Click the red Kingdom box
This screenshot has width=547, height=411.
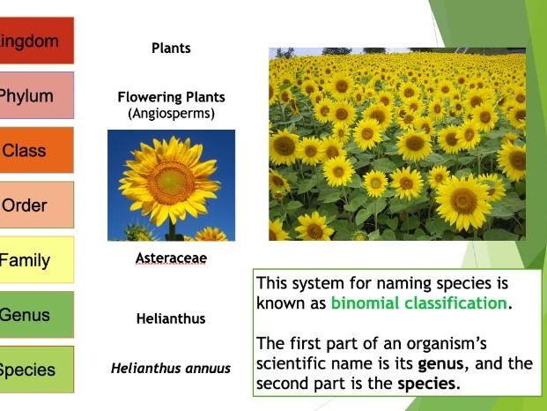tap(35, 41)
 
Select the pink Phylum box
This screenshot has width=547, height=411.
tap(35, 96)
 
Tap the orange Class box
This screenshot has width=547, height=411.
tap(35, 151)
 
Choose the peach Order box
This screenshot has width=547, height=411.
tap(35, 205)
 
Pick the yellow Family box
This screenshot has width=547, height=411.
tap(35, 260)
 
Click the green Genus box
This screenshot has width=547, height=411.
tap(35, 315)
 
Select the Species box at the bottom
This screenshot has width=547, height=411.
tap(35, 370)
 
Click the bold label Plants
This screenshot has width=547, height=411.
tap(171, 48)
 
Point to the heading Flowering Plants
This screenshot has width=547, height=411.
tap(171, 97)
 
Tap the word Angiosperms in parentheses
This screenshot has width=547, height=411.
tap(171, 113)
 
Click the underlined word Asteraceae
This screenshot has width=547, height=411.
tap(171, 259)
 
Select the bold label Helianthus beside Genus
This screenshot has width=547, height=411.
tap(171, 318)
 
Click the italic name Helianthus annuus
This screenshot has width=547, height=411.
tap(171, 369)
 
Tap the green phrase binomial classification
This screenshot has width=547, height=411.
tap(419, 303)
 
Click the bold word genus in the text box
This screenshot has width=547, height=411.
tap(440, 363)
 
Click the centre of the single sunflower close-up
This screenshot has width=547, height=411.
tap(170, 182)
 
